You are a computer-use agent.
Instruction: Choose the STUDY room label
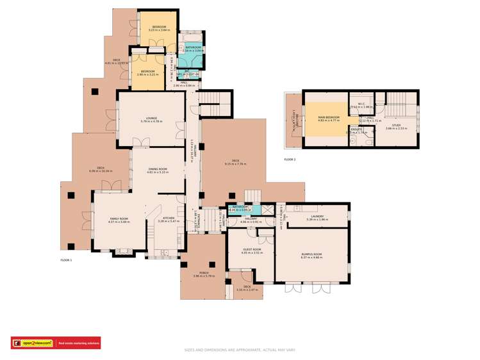pos(396,126)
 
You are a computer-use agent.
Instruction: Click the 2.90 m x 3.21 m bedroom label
pos(148,72)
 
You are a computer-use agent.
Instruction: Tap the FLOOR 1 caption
pos(66,260)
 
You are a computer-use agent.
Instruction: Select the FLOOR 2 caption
pos(290,159)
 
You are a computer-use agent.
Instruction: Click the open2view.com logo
pos(33,343)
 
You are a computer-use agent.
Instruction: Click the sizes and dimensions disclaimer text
pos(240,350)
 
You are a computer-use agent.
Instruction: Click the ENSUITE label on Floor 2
pos(356,131)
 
